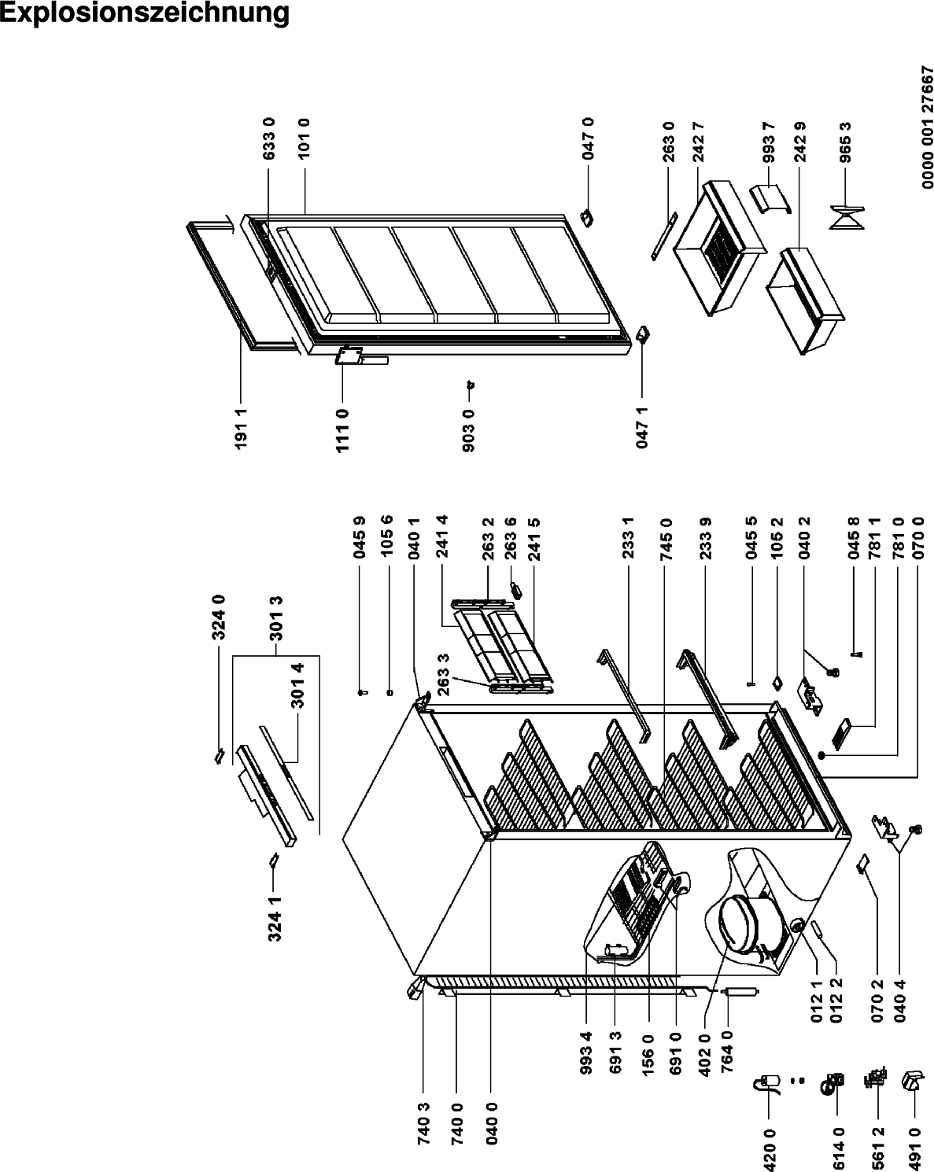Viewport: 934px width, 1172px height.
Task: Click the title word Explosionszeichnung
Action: point(145,14)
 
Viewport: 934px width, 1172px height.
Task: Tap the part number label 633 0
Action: point(269,139)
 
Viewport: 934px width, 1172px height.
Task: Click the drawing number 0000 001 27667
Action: point(927,127)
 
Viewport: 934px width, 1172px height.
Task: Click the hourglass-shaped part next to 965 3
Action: point(847,217)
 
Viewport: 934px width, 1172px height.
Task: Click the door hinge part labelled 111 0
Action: point(349,356)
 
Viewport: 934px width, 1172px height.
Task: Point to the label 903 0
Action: point(469,430)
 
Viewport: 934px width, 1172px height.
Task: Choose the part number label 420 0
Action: point(770,1149)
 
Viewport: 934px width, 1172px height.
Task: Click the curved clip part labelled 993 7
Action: point(770,199)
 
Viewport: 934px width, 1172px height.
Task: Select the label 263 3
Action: point(444,674)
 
